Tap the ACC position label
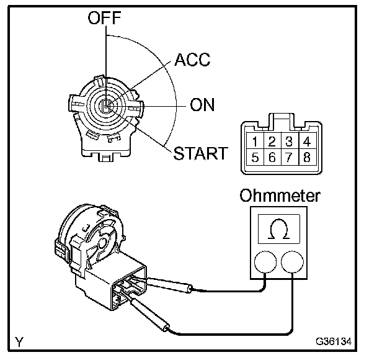[x=192, y=60]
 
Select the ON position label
[x=202, y=105]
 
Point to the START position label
[x=200, y=152]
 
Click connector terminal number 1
[x=256, y=141]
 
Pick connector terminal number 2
[x=272, y=141]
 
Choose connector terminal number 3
[x=288, y=141]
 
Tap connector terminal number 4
[x=303, y=141]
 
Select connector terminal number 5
[x=256, y=157]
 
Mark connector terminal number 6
[x=272, y=157]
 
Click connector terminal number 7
[x=288, y=157]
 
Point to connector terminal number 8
[x=303, y=157]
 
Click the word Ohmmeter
[x=281, y=196]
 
